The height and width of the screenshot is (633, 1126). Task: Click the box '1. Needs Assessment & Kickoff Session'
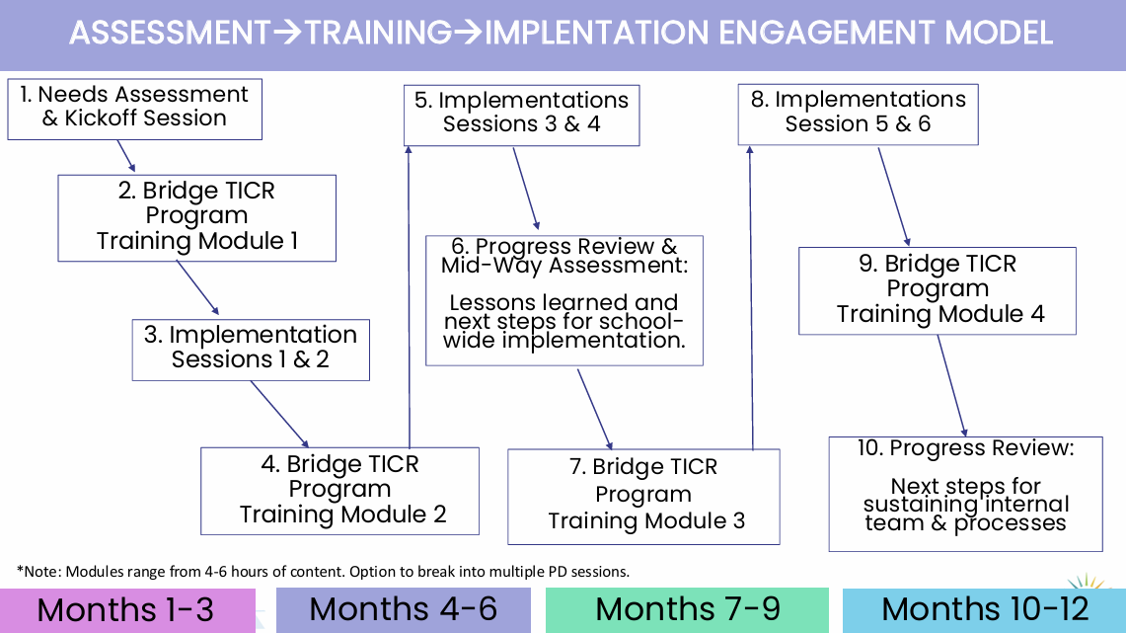click(134, 109)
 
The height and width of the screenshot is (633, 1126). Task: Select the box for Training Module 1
click(196, 217)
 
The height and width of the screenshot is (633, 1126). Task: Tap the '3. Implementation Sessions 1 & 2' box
click(251, 349)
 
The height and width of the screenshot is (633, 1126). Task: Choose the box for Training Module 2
click(339, 491)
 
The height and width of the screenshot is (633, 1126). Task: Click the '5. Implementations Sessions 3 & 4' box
click(521, 115)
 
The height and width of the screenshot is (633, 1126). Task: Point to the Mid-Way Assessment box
click(564, 300)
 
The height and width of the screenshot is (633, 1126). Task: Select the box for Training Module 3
click(643, 496)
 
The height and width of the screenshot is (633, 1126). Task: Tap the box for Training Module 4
click(937, 290)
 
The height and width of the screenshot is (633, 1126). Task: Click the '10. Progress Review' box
click(965, 493)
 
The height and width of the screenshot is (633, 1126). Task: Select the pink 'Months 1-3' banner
click(127, 609)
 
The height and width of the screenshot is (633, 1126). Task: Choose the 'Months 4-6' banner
click(403, 609)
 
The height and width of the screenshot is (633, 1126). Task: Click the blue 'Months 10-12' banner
click(984, 609)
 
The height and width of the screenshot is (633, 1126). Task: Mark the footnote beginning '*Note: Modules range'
click(322, 571)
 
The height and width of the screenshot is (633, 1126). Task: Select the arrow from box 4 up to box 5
click(409, 296)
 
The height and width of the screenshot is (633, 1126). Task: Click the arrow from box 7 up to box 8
click(751, 296)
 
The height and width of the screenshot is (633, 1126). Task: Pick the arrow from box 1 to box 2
click(125, 156)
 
